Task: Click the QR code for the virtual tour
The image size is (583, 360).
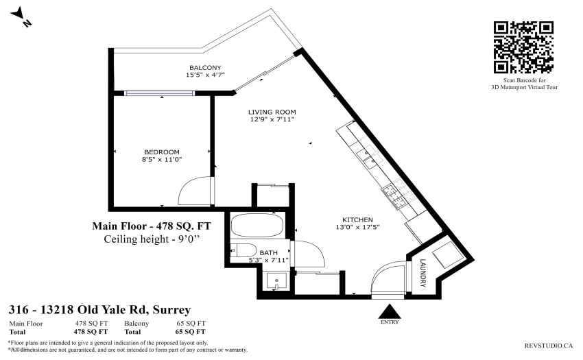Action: (523, 47)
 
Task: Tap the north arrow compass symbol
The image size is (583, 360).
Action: (20, 17)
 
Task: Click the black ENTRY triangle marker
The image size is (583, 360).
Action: (390, 311)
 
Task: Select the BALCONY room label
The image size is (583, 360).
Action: (205, 68)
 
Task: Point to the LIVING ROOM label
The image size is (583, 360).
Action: (272, 112)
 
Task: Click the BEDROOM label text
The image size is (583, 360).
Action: (162, 152)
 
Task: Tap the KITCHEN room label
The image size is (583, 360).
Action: (357, 220)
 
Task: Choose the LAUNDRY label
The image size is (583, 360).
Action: (423, 273)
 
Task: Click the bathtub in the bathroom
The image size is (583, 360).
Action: (257, 226)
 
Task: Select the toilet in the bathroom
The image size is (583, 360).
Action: (243, 250)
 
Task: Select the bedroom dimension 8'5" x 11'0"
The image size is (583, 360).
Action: (162, 160)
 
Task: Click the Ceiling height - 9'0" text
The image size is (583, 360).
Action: (152, 239)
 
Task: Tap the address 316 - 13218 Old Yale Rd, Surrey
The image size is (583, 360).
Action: (99, 309)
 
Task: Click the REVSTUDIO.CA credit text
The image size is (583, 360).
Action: (549, 346)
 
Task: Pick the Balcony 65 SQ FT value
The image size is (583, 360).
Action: (191, 324)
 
